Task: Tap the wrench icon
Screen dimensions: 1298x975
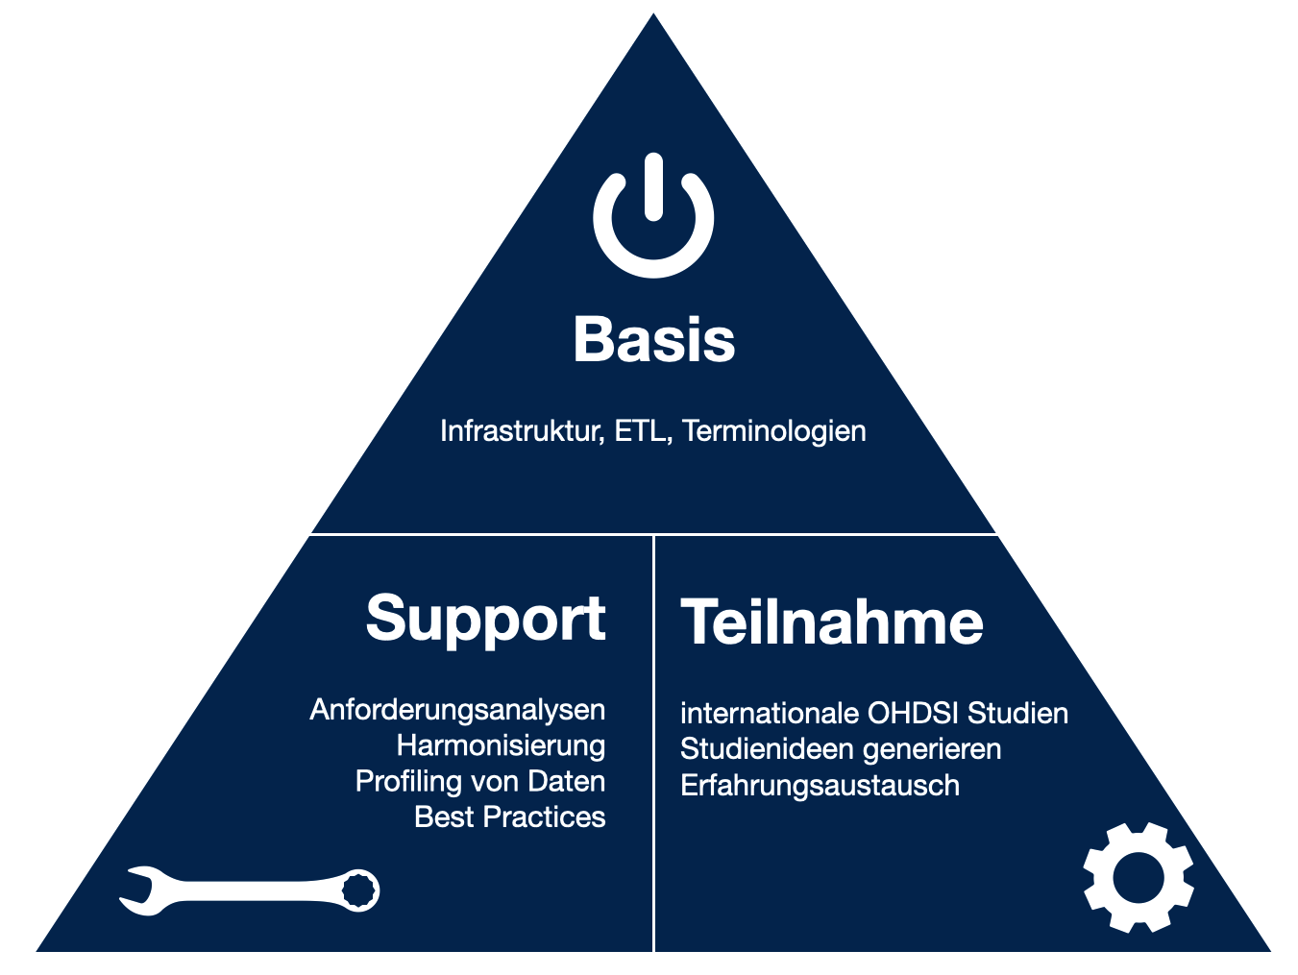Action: click(249, 890)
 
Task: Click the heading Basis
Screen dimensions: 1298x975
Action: click(654, 339)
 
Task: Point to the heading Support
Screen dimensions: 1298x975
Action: click(485, 619)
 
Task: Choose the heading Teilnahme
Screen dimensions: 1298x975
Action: click(831, 622)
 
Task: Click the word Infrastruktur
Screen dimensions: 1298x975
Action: click(522, 431)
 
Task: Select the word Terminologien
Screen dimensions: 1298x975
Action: click(774, 431)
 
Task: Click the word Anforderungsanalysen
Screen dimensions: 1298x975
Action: click(457, 710)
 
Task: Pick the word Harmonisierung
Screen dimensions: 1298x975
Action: click(501, 745)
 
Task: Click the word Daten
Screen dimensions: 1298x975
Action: click(567, 782)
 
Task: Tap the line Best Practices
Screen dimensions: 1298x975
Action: click(510, 817)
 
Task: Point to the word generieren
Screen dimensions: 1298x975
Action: click(932, 749)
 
